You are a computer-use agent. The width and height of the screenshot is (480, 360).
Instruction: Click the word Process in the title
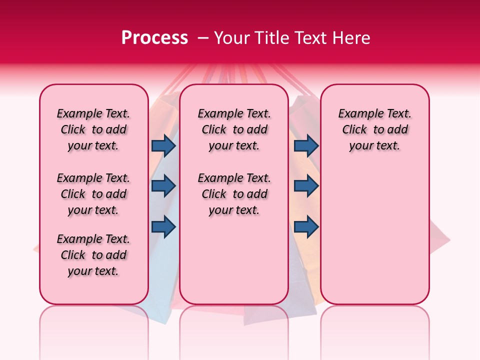coord(154,38)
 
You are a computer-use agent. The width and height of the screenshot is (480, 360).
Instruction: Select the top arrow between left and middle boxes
coord(163,145)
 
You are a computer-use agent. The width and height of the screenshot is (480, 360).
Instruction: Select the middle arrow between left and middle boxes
coord(163,186)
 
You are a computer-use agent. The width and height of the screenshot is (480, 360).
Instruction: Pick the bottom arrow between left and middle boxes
coord(163,226)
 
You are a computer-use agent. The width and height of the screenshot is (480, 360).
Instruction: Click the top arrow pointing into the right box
coord(306,145)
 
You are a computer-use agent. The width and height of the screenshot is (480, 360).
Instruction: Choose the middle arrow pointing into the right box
coord(306,186)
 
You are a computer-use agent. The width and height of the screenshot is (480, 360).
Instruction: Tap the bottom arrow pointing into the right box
coord(306,226)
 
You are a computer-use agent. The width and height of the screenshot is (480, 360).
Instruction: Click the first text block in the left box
coord(93,129)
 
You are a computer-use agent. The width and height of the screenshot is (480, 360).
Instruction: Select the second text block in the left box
coord(93,194)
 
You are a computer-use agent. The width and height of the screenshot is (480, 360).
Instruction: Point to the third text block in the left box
coord(93,255)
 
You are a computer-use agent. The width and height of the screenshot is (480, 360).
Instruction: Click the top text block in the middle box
coord(234,129)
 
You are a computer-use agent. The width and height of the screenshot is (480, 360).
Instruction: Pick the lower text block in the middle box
coord(234,194)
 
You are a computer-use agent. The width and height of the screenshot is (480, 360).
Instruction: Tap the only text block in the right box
coord(374,129)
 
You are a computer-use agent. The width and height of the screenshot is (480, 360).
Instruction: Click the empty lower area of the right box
coord(374,235)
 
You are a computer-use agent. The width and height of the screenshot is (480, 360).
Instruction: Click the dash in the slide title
coord(203,38)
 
